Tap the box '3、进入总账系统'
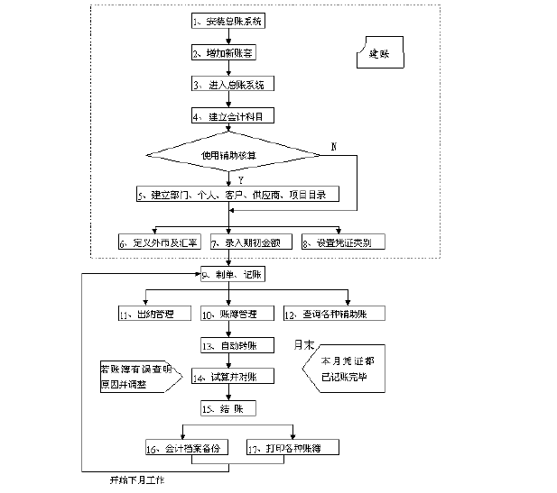point(232,84)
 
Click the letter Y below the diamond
point(240,180)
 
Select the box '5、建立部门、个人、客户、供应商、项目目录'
point(230,194)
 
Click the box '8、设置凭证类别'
point(341,242)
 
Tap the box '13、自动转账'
point(230,345)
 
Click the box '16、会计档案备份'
point(186,447)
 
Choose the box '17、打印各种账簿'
point(286,447)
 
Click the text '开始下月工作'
point(135,480)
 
